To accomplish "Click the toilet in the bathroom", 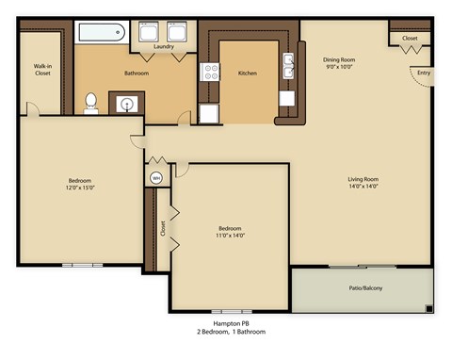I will [91, 102].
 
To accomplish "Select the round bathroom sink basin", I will [125, 104].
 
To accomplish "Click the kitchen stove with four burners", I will [208, 72].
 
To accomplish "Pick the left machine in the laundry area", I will [150, 33].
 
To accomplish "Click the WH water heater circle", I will [156, 177].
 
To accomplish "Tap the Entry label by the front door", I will [423, 73].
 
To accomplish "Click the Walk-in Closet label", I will [41, 70].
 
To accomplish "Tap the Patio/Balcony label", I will [361, 287].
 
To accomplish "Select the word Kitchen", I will [248, 73].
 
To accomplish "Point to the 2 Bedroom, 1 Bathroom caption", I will [230, 333].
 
